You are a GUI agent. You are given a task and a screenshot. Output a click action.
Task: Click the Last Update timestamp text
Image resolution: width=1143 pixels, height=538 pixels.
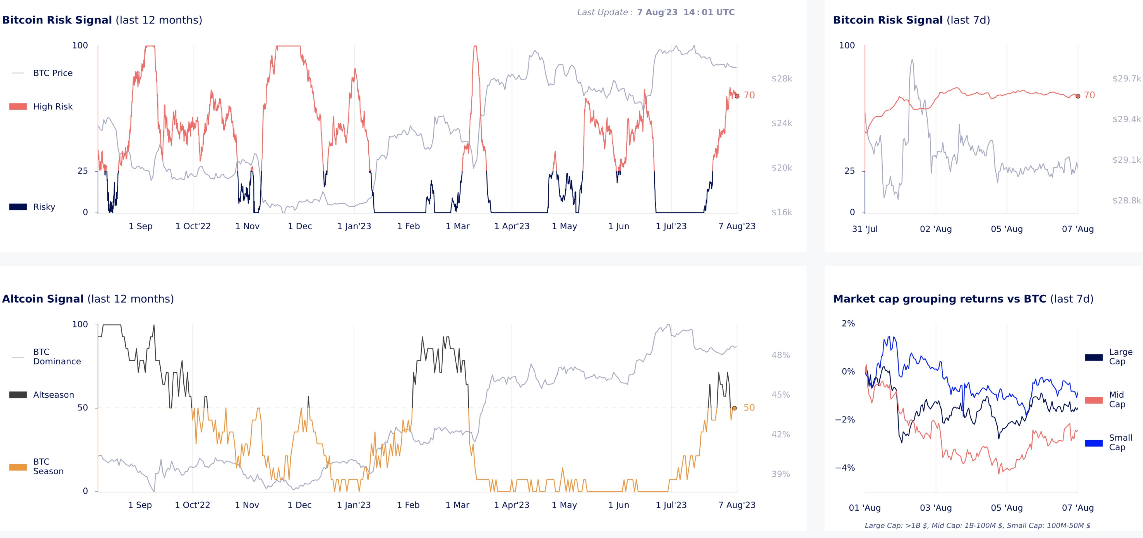686,13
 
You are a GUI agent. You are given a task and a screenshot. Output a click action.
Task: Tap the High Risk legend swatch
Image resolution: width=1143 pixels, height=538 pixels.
18,106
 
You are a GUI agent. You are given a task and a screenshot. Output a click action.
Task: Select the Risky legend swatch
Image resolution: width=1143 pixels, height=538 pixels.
18,207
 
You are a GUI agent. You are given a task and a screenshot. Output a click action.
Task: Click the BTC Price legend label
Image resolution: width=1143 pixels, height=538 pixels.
53,73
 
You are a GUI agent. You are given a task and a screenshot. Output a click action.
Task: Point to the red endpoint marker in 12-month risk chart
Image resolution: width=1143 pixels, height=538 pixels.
737,96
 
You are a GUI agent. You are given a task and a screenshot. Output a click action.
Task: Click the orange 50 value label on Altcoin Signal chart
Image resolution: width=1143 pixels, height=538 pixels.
749,408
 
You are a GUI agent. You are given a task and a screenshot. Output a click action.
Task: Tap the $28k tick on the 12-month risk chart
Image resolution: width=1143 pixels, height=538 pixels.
782,78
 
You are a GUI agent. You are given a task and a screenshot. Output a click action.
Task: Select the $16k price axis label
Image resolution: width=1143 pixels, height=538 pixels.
782,212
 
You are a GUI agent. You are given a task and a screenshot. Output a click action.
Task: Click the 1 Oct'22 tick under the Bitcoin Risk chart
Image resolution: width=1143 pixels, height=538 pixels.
193,226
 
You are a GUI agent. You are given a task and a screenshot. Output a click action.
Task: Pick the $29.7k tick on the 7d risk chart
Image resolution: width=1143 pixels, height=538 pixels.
1127,78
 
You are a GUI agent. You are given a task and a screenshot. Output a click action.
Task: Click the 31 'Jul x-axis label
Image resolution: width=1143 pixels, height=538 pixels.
865,229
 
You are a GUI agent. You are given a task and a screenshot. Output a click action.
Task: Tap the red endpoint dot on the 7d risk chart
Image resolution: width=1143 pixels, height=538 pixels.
1078,96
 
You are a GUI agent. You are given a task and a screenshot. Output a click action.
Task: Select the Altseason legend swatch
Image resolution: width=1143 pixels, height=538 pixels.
18,395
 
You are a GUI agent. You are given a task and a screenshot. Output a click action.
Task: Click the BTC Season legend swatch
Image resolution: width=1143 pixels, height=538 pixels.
18,467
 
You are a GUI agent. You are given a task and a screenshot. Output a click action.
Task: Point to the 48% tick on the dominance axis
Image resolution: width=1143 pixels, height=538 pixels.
781,355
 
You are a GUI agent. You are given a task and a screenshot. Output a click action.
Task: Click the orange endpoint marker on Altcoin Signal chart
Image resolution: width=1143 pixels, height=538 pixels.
734,408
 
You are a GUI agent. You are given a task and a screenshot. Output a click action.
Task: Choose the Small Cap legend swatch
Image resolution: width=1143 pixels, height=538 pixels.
1094,443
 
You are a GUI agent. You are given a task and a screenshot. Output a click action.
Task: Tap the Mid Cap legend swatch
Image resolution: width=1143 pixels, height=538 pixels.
1094,400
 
